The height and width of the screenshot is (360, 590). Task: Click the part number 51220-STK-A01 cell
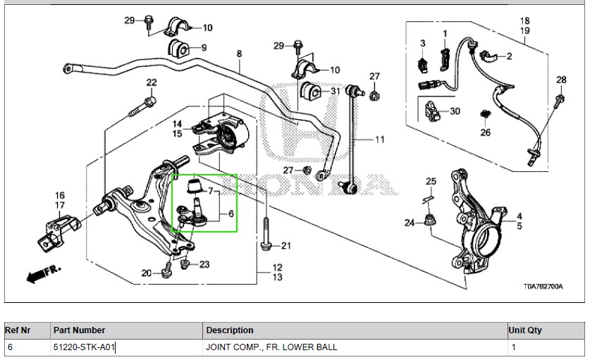tap(84, 347)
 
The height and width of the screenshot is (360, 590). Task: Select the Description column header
tap(229, 330)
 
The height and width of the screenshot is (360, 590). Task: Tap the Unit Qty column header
tap(524, 330)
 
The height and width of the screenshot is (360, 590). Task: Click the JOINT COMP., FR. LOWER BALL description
tap(271, 347)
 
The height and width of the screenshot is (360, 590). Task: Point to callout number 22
tap(152, 83)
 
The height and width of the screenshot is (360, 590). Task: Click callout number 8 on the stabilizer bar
tap(239, 54)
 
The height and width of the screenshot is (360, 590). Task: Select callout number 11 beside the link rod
tap(379, 139)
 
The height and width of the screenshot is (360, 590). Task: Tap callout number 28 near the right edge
tap(561, 80)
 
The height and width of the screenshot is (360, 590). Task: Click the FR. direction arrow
tap(43, 274)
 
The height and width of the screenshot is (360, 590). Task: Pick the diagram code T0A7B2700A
tap(543, 287)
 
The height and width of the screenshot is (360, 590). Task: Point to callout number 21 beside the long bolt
tap(285, 246)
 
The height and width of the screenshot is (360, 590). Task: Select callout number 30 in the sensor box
tap(454, 111)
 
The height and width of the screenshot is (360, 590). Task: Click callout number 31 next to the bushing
tap(334, 91)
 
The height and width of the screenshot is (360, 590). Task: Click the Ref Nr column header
tap(19, 330)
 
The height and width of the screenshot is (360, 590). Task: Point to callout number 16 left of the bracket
tap(60, 196)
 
